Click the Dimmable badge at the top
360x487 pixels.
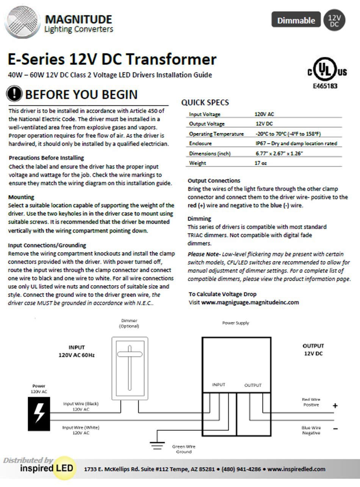coord(296,20)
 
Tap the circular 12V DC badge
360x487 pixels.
coord(333,20)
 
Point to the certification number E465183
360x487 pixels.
coord(325,86)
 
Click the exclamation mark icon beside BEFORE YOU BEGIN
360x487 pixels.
coord(14,94)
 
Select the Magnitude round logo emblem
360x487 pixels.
coord(22,22)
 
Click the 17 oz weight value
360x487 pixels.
coord(261,163)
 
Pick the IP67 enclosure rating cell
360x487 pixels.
coord(296,143)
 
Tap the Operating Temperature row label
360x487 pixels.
coord(216,134)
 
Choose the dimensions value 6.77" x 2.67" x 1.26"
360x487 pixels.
coord(279,153)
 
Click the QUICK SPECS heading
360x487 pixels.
coord(205,102)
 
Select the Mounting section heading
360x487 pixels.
coord(21,197)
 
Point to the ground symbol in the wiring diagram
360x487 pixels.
coord(157,445)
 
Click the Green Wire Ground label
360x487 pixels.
coord(184,449)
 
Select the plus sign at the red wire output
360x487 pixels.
coord(335,406)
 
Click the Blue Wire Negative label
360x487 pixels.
coord(311,430)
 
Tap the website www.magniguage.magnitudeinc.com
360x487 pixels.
coord(250,302)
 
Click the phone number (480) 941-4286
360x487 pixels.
coord(241,469)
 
